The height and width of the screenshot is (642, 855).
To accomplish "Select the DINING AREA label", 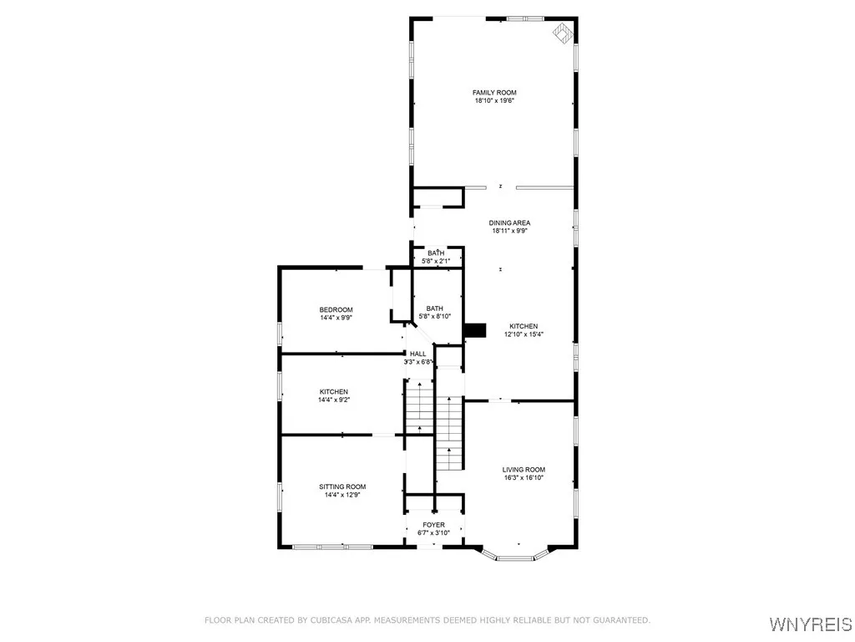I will (x=509, y=222).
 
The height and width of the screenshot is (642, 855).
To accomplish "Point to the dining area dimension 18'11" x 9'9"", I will (x=509, y=231).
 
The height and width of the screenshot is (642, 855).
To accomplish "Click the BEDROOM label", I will (x=336, y=309).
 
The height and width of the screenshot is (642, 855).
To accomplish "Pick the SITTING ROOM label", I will (x=342, y=487).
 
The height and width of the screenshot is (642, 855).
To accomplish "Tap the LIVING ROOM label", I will (x=524, y=470).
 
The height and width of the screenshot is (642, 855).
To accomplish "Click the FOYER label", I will (x=433, y=525).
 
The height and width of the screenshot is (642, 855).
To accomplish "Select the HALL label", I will (x=417, y=354).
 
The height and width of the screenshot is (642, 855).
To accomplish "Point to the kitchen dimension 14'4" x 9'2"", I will (x=333, y=400).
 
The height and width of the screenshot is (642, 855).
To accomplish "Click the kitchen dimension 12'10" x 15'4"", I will (x=524, y=334).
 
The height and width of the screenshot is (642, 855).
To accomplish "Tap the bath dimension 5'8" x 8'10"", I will (x=434, y=316).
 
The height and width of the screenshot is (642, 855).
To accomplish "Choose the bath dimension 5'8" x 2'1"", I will (x=436, y=261).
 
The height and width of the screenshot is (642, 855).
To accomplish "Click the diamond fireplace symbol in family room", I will (x=564, y=33).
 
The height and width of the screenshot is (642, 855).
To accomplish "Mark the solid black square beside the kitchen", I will (x=475, y=330).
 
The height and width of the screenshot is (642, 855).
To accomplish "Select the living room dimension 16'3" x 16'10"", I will (x=524, y=478).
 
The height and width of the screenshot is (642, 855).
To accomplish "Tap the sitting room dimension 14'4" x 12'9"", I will (x=342, y=495).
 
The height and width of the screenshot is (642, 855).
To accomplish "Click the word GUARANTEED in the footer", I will (x=620, y=620).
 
